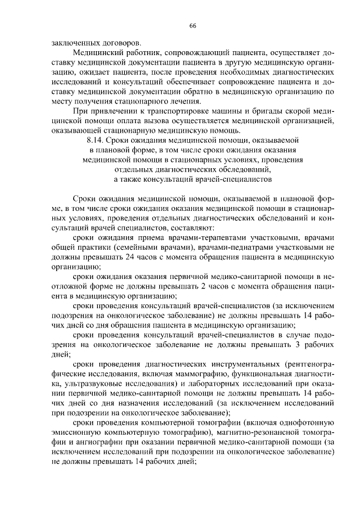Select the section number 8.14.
(97, 139)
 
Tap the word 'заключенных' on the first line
(73, 43)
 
